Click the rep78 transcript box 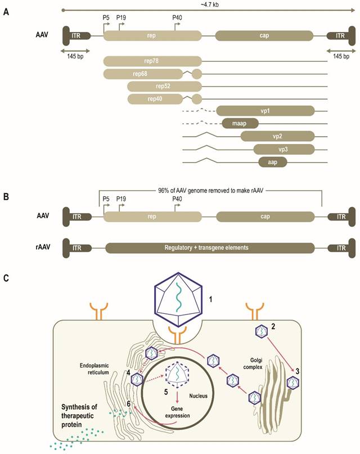pyautogui.click(x=152, y=61)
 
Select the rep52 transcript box pyautogui.click(x=164, y=86)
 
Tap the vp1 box pyautogui.click(x=265, y=111)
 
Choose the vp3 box pyautogui.click(x=283, y=149)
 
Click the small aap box pyautogui.click(x=273, y=162)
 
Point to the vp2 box pyautogui.click(x=277, y=136)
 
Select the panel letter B pyautogui.click(x=6, y=198)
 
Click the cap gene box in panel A pyautogui.click(x=264, y=35)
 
